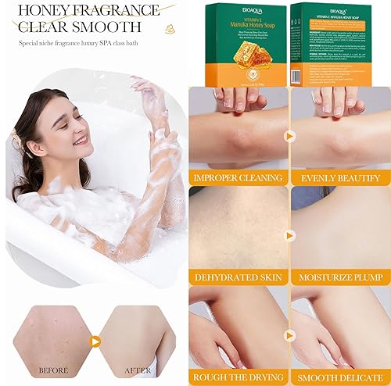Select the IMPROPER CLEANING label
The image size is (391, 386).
pos(237,177)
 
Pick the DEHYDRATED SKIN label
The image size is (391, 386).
pos(238,277)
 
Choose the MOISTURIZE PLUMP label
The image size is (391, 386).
pos(339,277)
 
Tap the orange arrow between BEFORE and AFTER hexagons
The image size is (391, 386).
pos(95,340)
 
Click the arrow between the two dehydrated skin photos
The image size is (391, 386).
pos(289,233)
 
